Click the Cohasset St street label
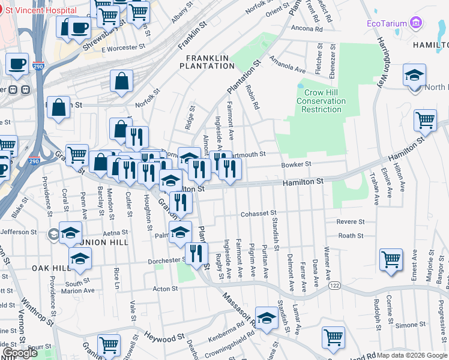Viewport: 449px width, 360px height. (x=258, y=213)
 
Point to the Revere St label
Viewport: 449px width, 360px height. (x=351, y=221)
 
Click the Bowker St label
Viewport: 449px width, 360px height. (x=297, y=164)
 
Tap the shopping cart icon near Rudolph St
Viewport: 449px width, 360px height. (x=391, y=260)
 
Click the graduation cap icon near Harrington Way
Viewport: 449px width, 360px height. (x=414, y=76)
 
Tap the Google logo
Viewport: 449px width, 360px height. (x=20, y=353)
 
